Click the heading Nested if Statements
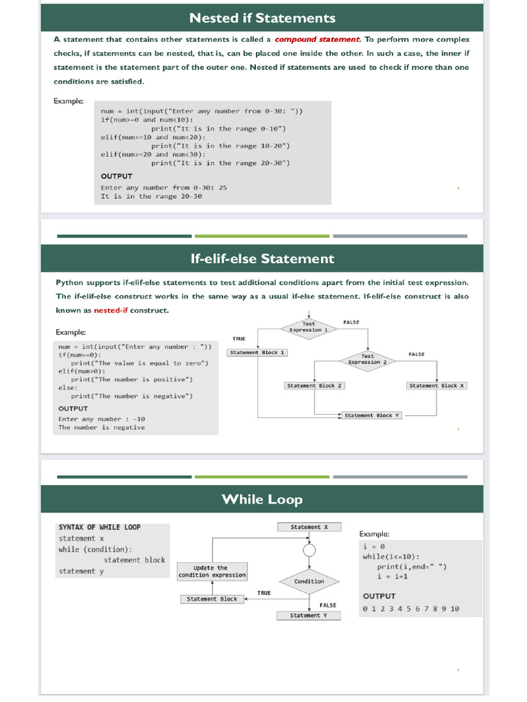[x=262, y=18]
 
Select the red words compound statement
[x=317, y=40]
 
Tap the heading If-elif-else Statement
[x=262, y=258]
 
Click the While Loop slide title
[x=262, y=499]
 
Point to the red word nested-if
[x=111, y=310]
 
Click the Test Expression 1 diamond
[x=309, y=326]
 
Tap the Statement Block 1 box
[x=257, y=352]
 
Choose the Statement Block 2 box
[x=314, y=385]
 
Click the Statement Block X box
[x=437, y=385]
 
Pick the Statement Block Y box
[x=372, y=415]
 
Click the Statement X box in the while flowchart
[x=309, y=527]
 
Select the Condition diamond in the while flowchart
[x=309, y=581]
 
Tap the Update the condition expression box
[x=212, y=571]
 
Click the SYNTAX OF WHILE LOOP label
[x=99, y=527]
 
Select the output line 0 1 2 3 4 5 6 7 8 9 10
[x=411, y=609]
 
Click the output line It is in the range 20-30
[x=151, y=196]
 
